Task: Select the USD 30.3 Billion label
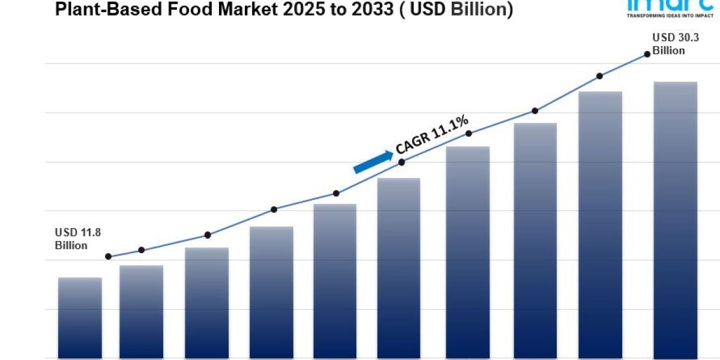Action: click(668, 44)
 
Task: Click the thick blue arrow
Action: click(373, 162)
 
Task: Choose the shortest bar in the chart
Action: click(80, 318)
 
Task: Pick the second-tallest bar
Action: click(600, 225)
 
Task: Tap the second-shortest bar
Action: click(141, 312)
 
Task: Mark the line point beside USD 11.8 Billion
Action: click(108, 257)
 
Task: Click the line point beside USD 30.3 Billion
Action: click(647, 54)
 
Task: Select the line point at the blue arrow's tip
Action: click(401, 162)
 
